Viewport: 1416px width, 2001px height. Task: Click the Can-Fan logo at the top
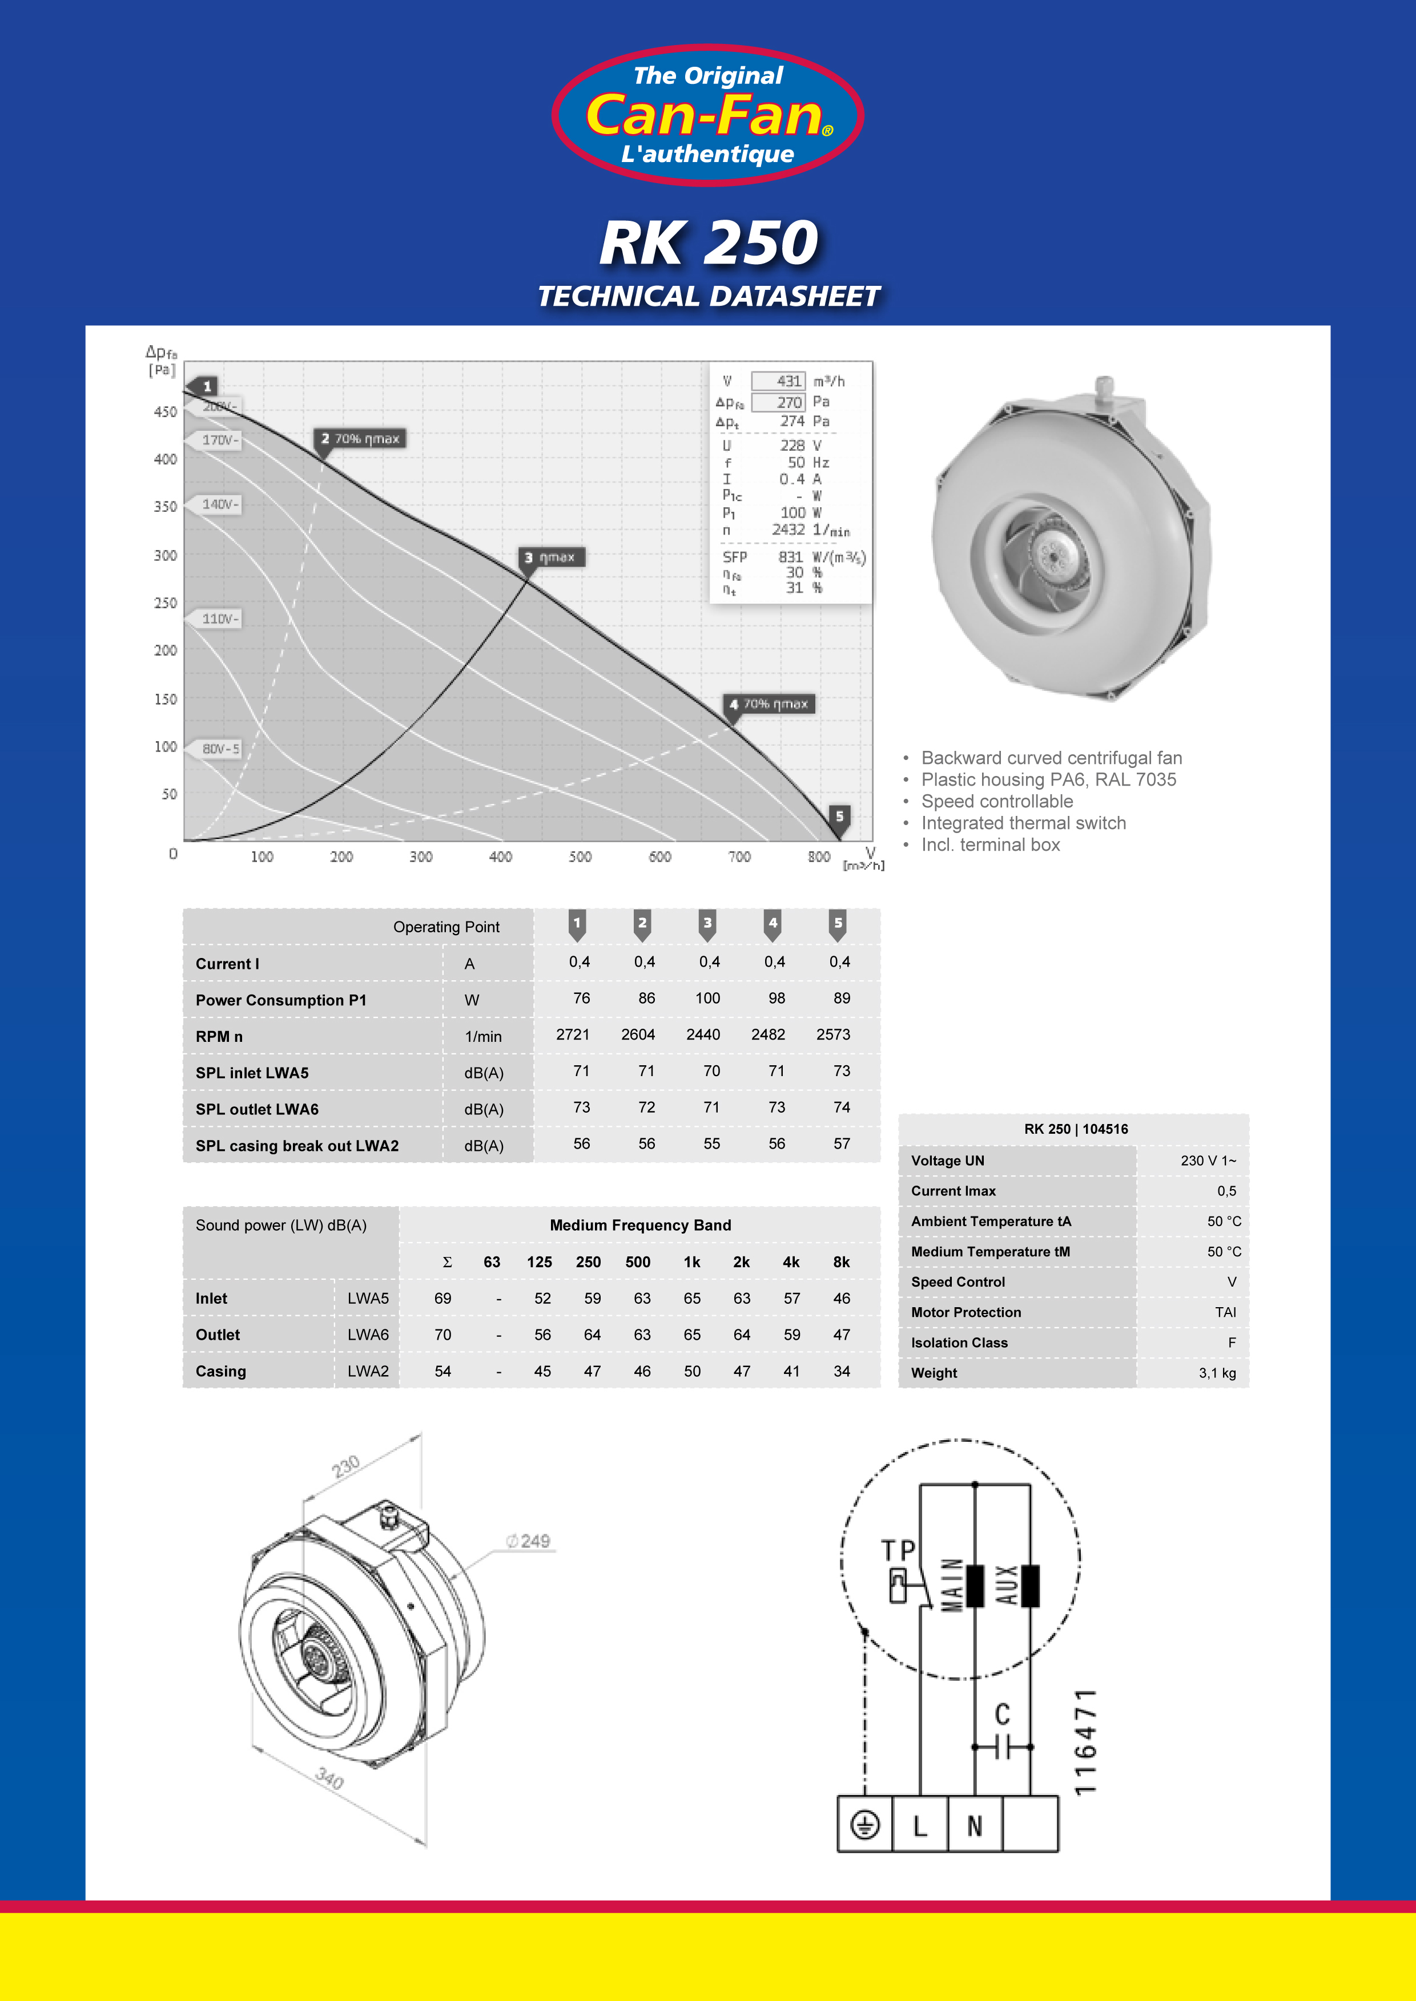click(x=707, y=115)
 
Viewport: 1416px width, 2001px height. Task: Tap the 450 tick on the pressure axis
click(x=165, y=411)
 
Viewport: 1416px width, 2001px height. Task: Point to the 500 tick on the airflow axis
click(x=580, y=856)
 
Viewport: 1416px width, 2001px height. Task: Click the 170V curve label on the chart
click(x=218, y=440)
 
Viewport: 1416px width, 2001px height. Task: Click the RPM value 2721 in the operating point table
click(x=573, y=1034)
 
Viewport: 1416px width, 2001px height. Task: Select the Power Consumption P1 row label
click(x=281, y=1001)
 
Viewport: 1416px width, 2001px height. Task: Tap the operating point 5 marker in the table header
click(x=838, y=924)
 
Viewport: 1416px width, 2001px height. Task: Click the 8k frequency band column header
click(x=842, y=1262)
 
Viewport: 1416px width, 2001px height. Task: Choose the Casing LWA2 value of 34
click(x=842, y=1371)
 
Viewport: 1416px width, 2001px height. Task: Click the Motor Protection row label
click(x=966, y=1312)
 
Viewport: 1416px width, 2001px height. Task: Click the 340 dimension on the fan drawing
click(x=329, y=1778)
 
